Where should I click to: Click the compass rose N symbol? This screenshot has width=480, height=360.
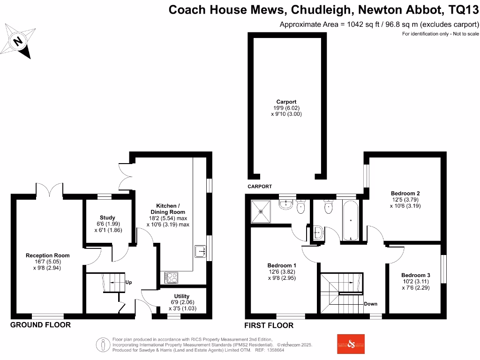click(18, 41)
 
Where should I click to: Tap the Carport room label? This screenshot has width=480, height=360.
click(286, 102)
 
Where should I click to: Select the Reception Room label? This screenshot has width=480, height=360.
click(47, 255)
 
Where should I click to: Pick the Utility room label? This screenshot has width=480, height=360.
click(181, 296)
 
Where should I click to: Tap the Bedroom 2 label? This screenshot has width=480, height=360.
click(405, 193)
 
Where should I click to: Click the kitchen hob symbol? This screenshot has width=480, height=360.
click(171, 277)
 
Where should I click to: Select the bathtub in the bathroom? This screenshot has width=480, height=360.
click(350, 220)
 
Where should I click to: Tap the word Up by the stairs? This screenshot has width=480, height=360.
click(128, 283)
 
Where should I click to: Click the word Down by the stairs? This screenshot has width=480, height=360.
click(370, 304)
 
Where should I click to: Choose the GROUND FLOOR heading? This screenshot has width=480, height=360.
click(40, 325)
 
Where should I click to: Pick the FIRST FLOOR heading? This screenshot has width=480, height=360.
click(269, 325)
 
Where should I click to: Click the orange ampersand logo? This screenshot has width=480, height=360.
click(351, 344)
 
